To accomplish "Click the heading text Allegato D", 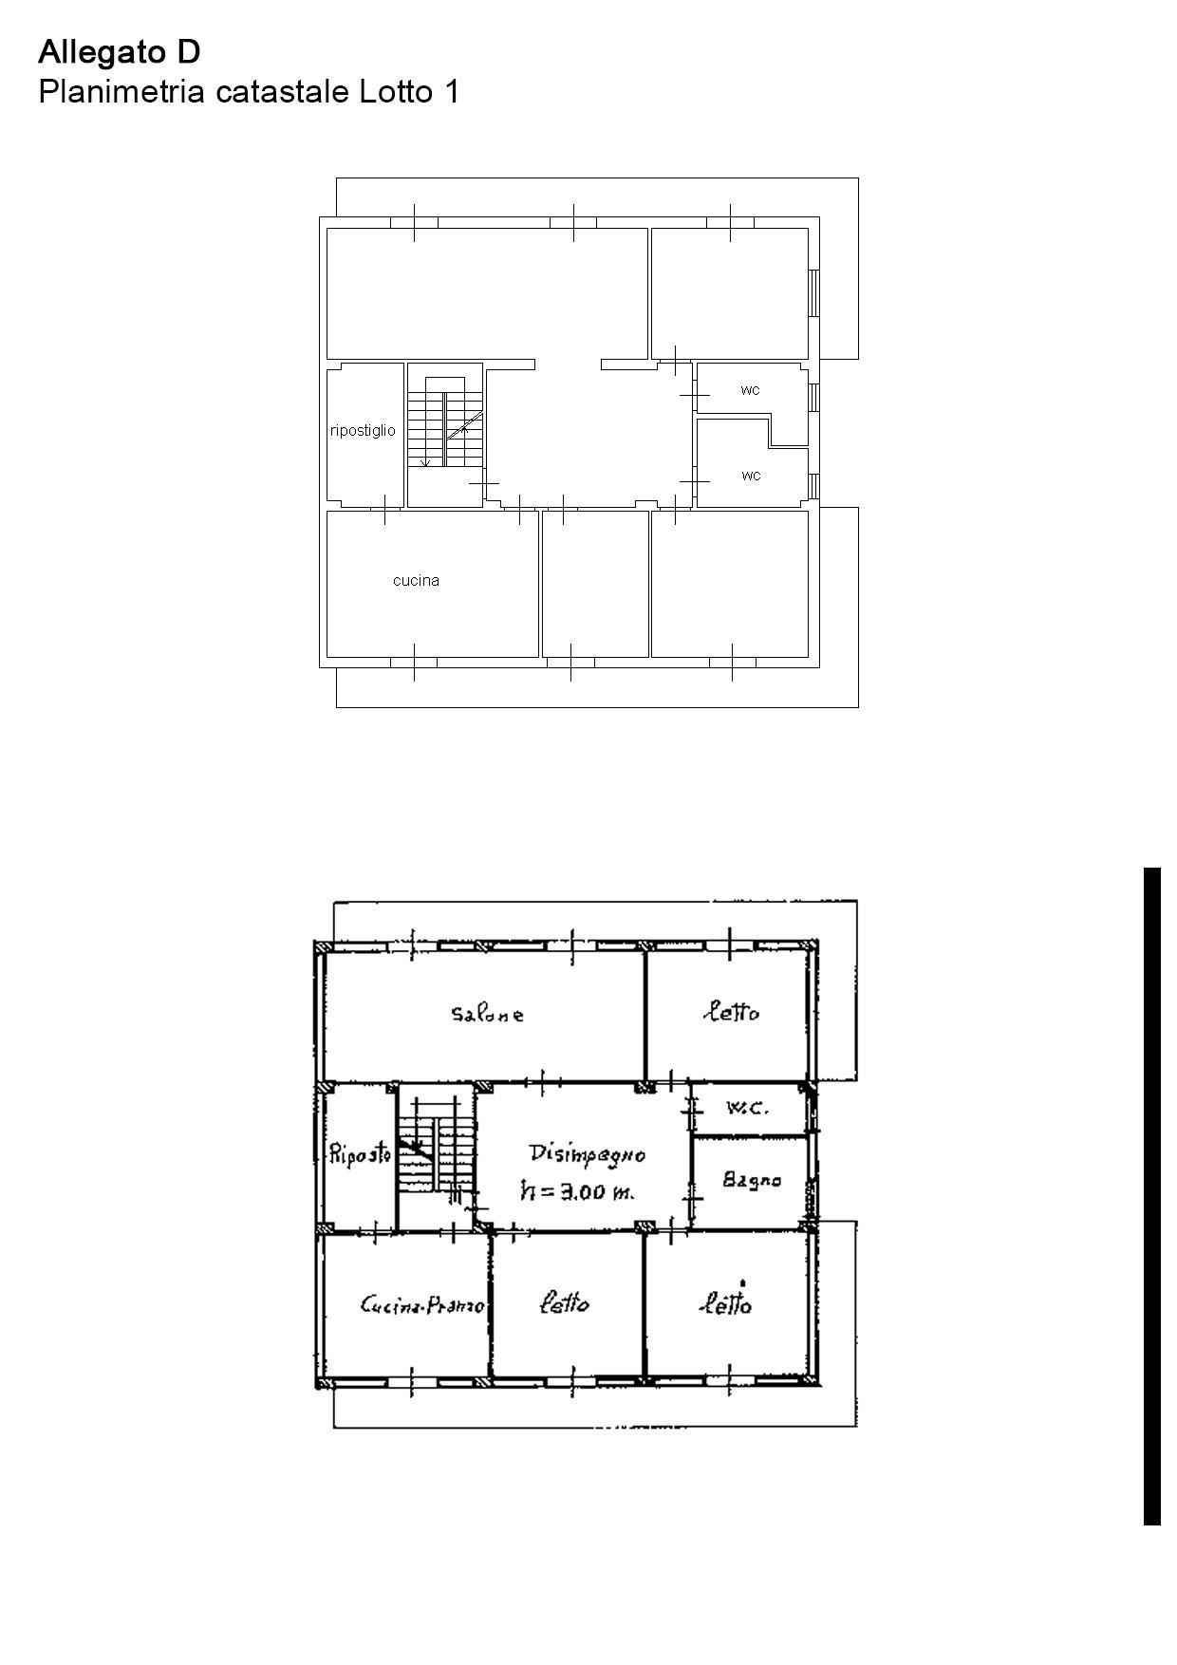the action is [120, 52].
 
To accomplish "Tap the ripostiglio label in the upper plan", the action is [363, 431].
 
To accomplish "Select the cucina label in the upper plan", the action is [416, 580].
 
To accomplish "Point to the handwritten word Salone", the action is [487, 1014].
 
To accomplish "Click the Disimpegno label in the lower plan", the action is [588, 1154].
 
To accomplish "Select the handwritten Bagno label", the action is [752, 1180].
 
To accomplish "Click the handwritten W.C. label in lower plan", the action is [747, 1108].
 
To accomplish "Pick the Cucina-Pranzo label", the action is [422, 1306].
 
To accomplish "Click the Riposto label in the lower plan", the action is [360, 1155].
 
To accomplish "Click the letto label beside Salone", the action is [731, 1012].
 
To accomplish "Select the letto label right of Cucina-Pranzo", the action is [564, 1303].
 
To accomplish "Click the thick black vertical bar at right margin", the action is [1152, 1196].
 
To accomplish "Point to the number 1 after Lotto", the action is [452, 92].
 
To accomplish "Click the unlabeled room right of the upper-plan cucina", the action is [595, 584].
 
